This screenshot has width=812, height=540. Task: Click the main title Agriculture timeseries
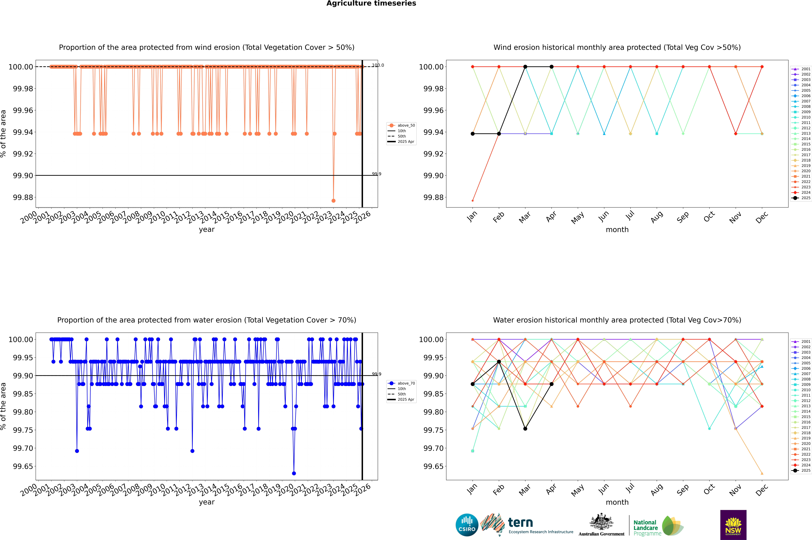coord(371,3)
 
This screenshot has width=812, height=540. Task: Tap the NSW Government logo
coord(733,525)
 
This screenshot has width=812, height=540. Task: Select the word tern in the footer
coord(520,523)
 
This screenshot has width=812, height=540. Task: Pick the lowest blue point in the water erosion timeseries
coord(294,473)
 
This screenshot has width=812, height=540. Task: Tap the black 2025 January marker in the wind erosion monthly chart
coord(473,134)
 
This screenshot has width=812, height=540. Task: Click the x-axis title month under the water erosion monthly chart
coord(617,502)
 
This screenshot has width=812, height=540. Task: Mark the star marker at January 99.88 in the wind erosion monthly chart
coord(473,200)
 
